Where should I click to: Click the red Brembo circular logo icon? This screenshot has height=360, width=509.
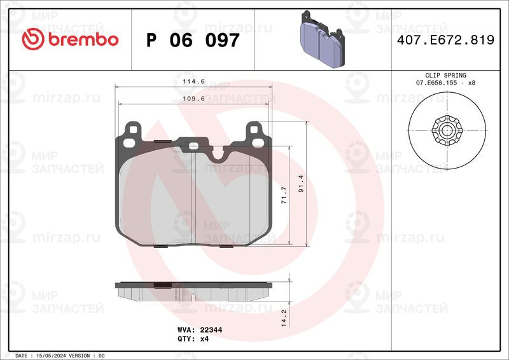point(33,39)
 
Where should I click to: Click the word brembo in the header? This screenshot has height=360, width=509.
point(83,39)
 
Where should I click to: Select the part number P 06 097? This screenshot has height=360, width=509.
point(193,40)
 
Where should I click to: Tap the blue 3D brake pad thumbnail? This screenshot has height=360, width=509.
point(323,39)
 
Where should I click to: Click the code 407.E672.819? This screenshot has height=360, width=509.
point(446,40)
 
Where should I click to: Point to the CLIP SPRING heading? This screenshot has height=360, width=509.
point(446,75)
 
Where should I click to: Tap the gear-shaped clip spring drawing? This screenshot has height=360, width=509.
point(447,130)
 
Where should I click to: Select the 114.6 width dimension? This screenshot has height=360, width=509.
point(193,81)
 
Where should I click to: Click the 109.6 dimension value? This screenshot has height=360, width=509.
point(193,99)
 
